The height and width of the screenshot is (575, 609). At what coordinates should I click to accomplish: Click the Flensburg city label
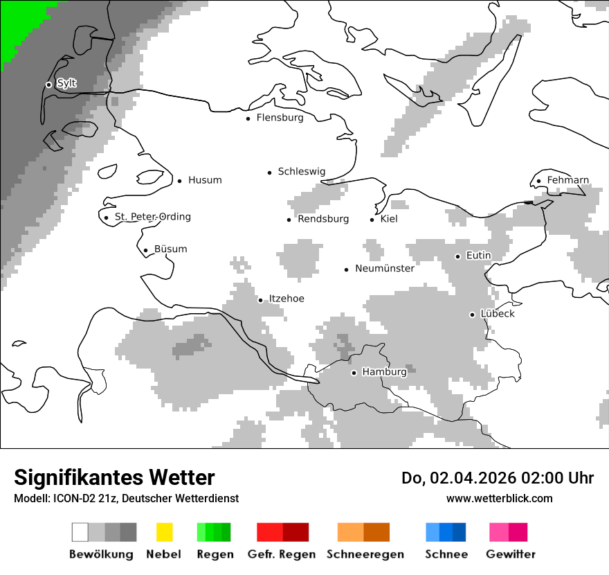(280, 118)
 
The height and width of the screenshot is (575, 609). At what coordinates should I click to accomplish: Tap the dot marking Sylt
(48, 85)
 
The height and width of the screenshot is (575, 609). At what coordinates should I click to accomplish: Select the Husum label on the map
(205, 180)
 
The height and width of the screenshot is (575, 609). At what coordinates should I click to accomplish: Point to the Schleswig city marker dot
(270, 172)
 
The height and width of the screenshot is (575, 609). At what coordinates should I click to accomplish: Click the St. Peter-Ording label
(152, 217)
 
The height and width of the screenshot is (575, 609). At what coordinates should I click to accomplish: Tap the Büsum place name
(170, 249)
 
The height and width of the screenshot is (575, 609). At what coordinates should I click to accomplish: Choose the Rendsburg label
(323, 219)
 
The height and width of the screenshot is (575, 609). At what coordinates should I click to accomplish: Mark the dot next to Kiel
(372, 220)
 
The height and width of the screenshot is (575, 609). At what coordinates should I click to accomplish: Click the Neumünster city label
(385, 268)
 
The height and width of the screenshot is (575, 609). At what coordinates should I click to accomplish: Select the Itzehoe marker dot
(261, 300)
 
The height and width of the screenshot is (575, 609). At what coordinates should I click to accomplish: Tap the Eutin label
(478, 256)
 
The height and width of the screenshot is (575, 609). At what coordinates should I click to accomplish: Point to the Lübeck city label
(498, 314)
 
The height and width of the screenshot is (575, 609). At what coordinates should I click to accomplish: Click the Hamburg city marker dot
(354, 373)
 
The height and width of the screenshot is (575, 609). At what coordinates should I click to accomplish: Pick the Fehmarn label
(567, 180)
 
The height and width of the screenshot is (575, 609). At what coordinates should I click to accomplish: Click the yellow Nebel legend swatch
(164, 532)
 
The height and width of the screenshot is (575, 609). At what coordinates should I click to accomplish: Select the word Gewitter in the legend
(510, 554)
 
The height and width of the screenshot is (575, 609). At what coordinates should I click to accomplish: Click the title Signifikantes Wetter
(114, 477)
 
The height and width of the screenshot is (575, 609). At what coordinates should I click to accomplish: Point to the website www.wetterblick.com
(499, 498)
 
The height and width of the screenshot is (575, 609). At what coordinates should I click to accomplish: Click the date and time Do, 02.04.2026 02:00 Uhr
(498, 478)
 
